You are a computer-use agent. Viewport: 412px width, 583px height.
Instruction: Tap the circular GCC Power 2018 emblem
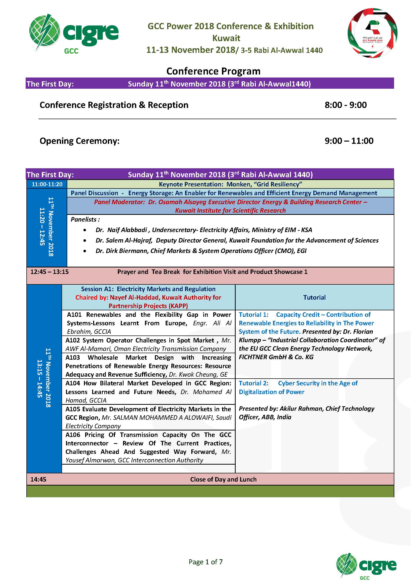372,33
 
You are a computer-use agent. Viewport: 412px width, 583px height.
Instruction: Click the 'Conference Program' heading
213,71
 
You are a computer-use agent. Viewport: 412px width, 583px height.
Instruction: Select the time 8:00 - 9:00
345,105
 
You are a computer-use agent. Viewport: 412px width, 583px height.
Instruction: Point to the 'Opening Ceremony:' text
79,141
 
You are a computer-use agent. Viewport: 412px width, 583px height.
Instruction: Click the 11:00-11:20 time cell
47,184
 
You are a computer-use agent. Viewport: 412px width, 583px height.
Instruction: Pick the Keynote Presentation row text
230,184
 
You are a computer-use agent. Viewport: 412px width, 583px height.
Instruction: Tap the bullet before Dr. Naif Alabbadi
85,230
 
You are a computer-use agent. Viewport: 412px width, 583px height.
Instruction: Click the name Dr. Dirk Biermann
122,251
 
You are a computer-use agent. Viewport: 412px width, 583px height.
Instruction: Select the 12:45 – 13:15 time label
50,272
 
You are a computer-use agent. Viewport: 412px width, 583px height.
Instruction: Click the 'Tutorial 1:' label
253,315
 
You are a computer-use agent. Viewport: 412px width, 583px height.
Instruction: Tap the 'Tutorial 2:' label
253,383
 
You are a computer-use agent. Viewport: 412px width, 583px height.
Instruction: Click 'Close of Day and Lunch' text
223,479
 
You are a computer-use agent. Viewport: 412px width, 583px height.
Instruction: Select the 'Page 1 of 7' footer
206,562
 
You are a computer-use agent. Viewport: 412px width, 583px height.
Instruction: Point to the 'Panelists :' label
85,219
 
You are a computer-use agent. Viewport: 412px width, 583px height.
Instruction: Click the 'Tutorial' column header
314,297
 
